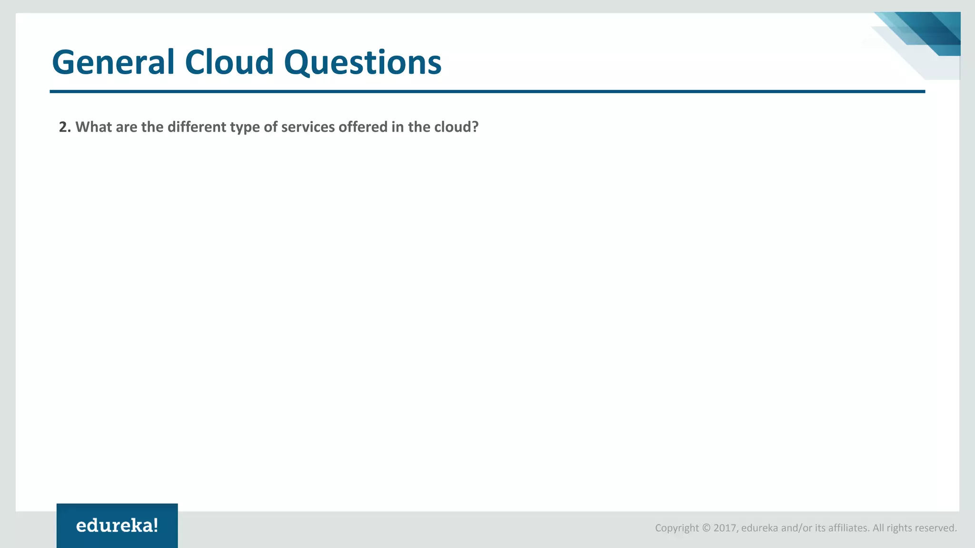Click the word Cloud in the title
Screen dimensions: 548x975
pos(229,62)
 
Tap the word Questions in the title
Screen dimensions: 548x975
pos(363,62)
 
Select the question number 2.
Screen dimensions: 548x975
pos(65,127)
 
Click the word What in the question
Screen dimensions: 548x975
pos(93,127)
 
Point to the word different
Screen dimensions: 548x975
pos(197,127)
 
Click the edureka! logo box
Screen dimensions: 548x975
pos(117,525)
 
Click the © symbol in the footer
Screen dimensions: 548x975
pos(706,528)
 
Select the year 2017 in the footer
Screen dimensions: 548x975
pos(725,528)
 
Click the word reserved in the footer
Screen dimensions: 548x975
pos(936,528)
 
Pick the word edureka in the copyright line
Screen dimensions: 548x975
pos(759,528)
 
